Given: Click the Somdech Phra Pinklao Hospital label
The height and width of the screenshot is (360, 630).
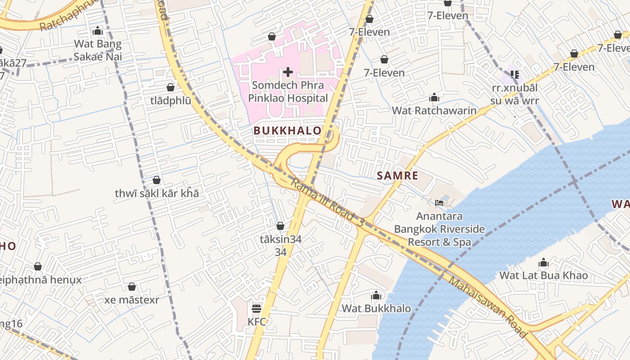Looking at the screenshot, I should [288, 91].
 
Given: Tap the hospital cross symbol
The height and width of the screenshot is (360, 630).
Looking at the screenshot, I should [288, 72].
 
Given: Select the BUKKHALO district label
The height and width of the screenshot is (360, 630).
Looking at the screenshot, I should [288, 131].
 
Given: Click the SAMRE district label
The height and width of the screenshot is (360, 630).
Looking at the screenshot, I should [397, 175].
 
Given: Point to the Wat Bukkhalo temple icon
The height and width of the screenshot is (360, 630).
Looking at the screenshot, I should [376, 296].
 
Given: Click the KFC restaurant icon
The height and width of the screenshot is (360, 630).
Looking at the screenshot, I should [256, 309].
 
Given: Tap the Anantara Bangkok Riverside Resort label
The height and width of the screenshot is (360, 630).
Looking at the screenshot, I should [439, 229].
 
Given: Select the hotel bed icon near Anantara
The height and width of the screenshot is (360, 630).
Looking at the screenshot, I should [439, 203].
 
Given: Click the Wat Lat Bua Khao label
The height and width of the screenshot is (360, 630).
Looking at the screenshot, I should [544, 275].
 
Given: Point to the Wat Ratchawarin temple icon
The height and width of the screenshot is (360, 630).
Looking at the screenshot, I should [434, 98].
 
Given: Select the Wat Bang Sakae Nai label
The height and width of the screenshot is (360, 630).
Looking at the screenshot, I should [98, 50].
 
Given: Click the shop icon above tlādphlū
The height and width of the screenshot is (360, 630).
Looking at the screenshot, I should [171, 87].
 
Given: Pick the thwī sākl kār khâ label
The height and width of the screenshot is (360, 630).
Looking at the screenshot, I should [157, 193].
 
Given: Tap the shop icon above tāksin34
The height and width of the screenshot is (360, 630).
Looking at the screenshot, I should [280, 226].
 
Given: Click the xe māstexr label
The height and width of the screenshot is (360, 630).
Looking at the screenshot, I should [132, 300].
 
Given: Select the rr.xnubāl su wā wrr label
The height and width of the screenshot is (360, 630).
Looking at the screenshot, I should [514, 94].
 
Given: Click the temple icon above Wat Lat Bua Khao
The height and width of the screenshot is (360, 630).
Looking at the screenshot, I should [544, 263].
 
